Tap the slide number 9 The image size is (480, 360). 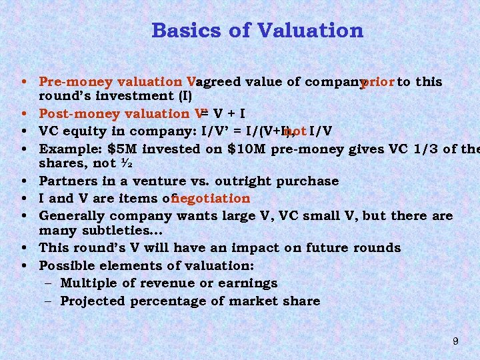(x=455, y=341)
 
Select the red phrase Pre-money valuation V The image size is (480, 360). (x=117, y=82)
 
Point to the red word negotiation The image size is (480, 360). (x=211, y=198)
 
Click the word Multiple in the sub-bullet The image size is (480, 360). (x=87, y=283)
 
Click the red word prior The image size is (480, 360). (x=377, y=82)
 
